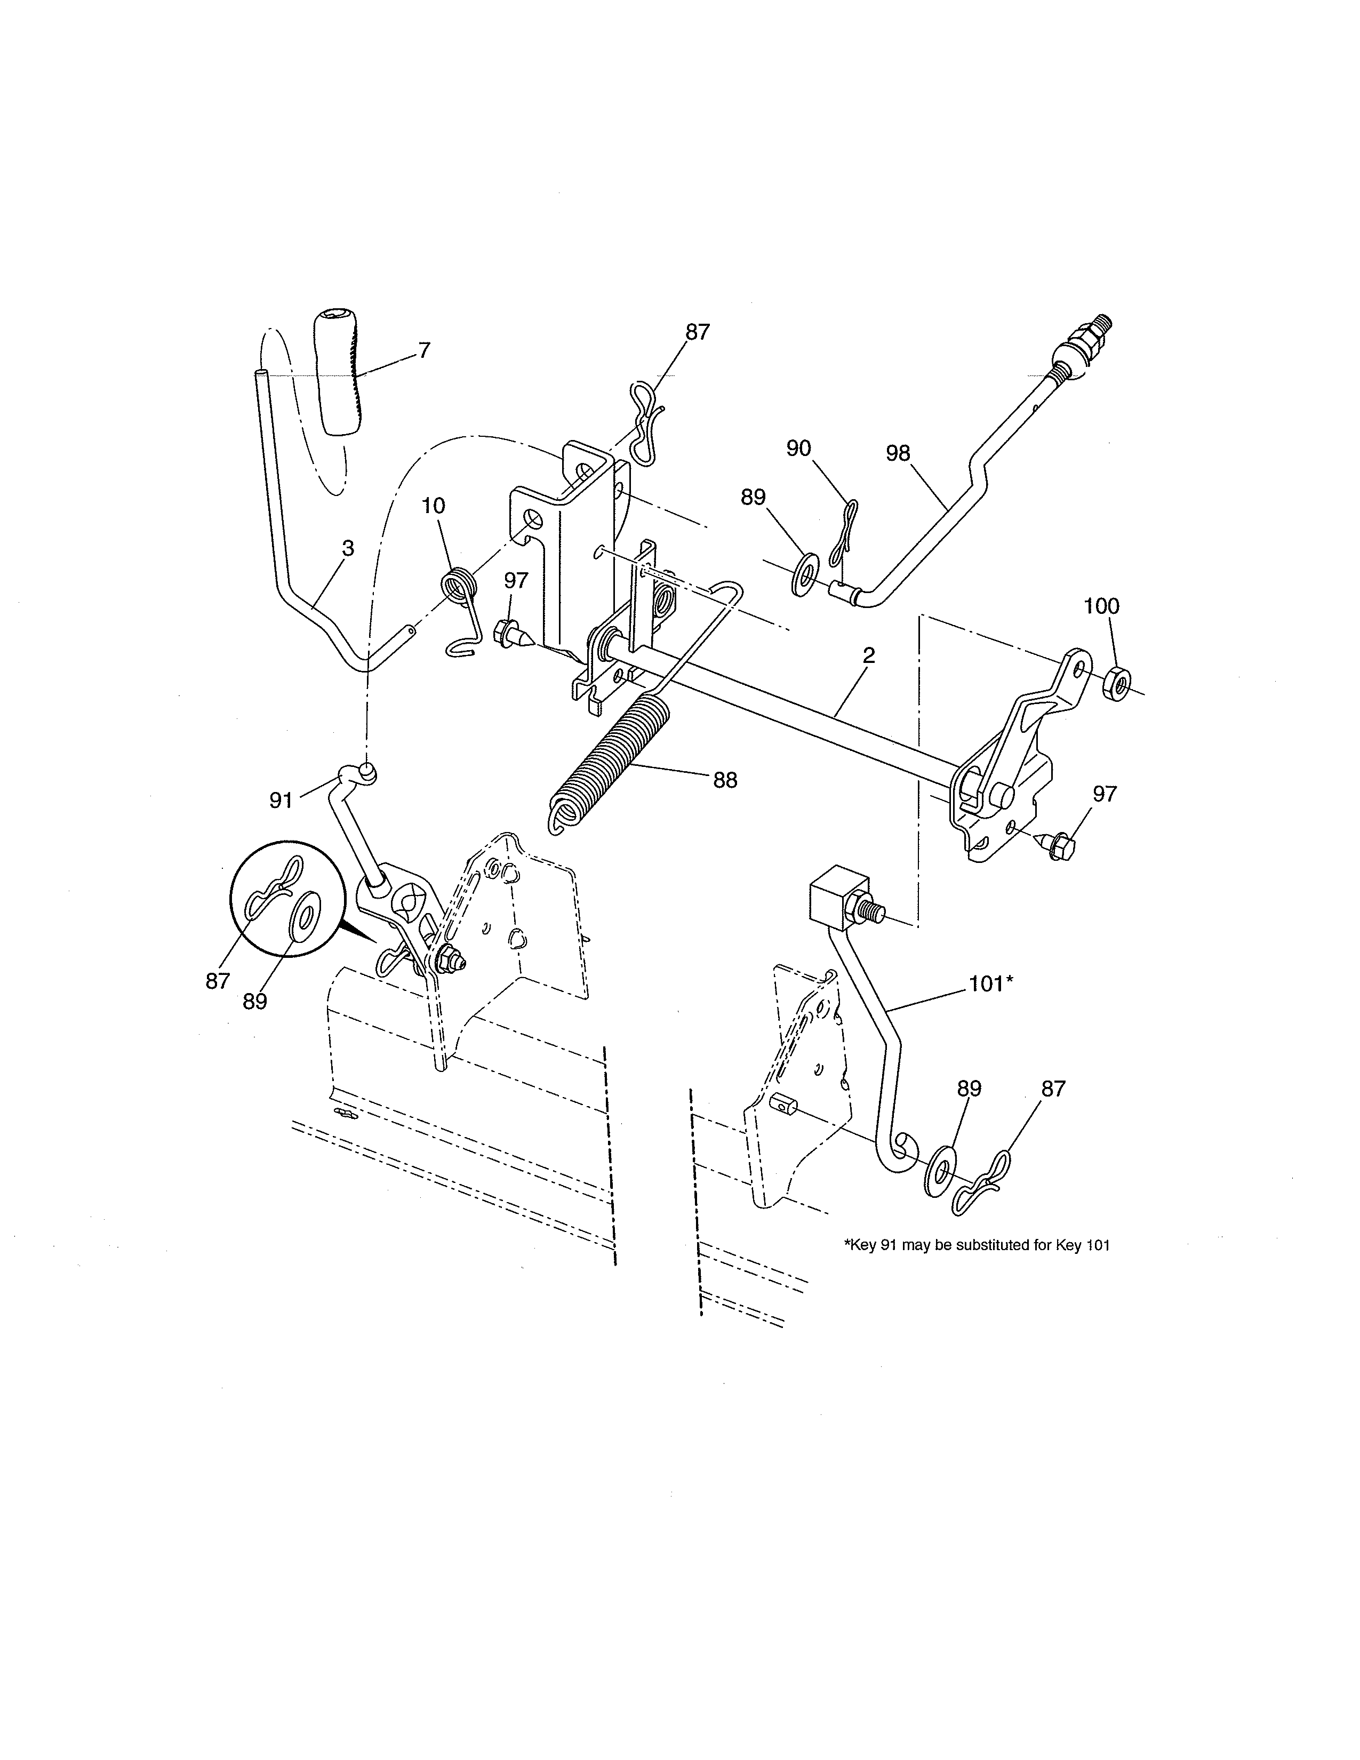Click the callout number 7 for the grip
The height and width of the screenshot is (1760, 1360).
[x=424, y=350]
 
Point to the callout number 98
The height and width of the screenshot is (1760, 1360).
[x=898, y=454]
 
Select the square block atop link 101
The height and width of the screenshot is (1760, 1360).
[x=838, y=896]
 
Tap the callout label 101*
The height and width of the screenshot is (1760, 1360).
[x=990, y=984]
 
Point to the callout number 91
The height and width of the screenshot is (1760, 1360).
[x=281, y=800]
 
